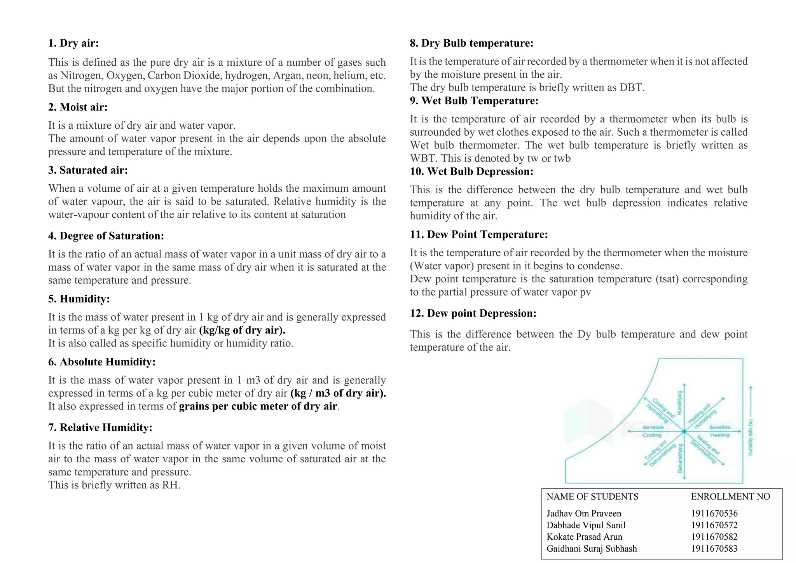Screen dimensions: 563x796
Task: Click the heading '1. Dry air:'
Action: tap(73, 43)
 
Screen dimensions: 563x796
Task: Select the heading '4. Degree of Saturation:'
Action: tap(106, 236)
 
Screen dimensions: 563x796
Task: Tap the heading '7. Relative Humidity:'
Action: tap(100, 428)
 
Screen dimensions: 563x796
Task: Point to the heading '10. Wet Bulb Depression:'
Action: tap(471, 171)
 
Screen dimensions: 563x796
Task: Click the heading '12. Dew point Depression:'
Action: tap(473, 313)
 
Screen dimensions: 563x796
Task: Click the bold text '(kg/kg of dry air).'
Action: tap(242, 330)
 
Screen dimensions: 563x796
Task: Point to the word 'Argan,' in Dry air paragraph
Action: tap(289, 75)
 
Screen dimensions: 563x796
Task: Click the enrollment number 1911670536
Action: tap(714, 514)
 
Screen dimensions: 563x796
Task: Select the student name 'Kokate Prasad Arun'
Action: tap(584, 537)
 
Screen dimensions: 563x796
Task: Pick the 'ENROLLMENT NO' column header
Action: tap(730, 497)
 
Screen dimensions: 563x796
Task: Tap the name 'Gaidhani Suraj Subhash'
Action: tap(592, 549)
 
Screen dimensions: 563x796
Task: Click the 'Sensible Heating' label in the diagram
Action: tap(719, 431)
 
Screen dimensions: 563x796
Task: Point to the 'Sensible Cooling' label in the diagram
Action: tap(653, 431)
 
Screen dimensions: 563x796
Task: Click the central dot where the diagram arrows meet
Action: tap(684, 431)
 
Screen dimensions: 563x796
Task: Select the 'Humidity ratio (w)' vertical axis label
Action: tap(751, 437)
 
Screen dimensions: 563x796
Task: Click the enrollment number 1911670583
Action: tap(714, 549)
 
